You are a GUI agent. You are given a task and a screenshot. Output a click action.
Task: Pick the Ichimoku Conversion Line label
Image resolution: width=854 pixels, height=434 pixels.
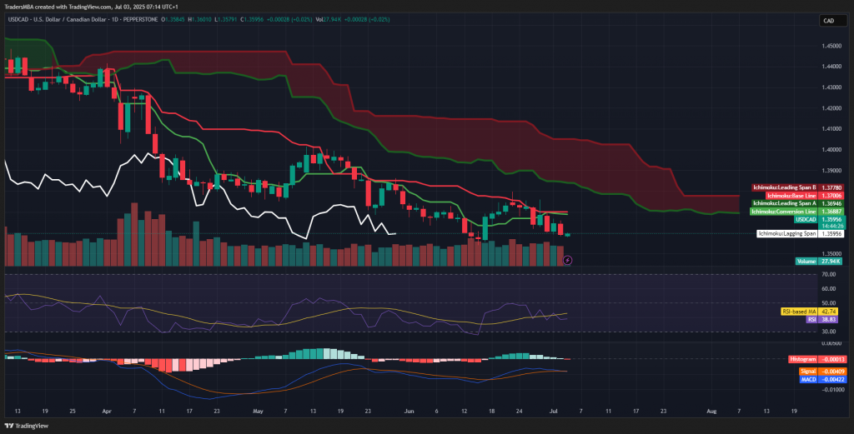point(783,211)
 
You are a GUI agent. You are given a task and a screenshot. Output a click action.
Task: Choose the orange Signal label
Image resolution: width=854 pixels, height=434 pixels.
point(807,371)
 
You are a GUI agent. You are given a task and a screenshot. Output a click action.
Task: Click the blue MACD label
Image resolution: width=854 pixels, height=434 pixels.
point(807,379)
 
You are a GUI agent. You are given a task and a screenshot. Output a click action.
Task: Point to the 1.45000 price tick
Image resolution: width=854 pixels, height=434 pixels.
point(831,46)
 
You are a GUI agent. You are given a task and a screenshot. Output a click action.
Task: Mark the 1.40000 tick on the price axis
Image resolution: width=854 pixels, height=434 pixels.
point(831,150)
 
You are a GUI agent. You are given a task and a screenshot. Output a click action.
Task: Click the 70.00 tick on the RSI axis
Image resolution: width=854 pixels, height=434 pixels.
point(829,274)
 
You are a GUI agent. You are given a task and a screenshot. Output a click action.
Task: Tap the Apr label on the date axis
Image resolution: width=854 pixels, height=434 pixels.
point(106,412)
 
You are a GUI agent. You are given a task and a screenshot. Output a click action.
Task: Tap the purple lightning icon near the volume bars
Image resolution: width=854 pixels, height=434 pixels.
point(567,260)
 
